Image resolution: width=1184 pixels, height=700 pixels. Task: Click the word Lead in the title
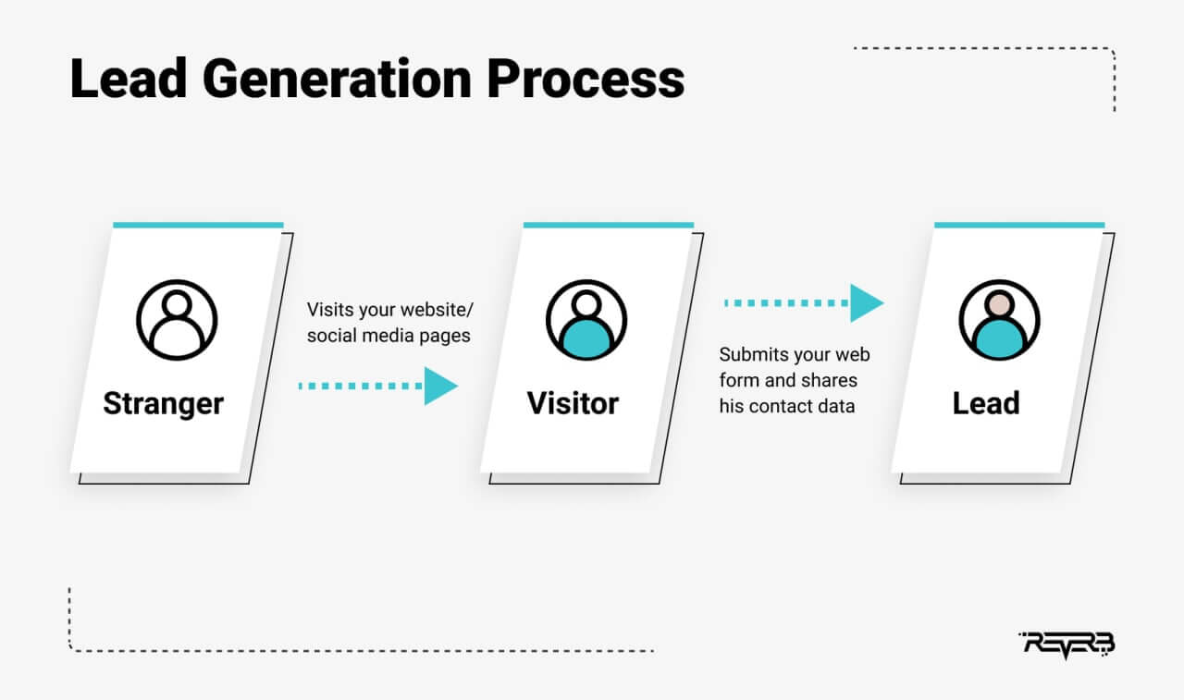[129, 79]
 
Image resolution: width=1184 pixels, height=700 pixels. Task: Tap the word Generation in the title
[337, 79]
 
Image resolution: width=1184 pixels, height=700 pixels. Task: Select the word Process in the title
[586, 79]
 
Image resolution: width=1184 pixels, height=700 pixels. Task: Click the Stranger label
[164, 404]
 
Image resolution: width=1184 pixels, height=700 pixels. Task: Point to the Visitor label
[573, 403]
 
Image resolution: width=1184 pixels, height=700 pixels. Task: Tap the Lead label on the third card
[986, 403]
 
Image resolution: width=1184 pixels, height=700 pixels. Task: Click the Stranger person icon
[177, 320]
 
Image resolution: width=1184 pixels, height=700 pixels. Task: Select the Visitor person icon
[586, 320]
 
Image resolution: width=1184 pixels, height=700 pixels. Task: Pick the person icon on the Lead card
[1000, 320]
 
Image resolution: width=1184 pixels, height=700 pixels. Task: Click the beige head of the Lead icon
[1000, 304]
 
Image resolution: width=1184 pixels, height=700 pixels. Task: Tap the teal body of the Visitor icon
[586, 338]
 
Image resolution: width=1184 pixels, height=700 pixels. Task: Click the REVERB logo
[1067, 645]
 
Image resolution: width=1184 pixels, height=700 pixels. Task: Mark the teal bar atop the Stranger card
[198, 225]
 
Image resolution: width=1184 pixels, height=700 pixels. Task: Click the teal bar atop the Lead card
[1019, 225]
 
